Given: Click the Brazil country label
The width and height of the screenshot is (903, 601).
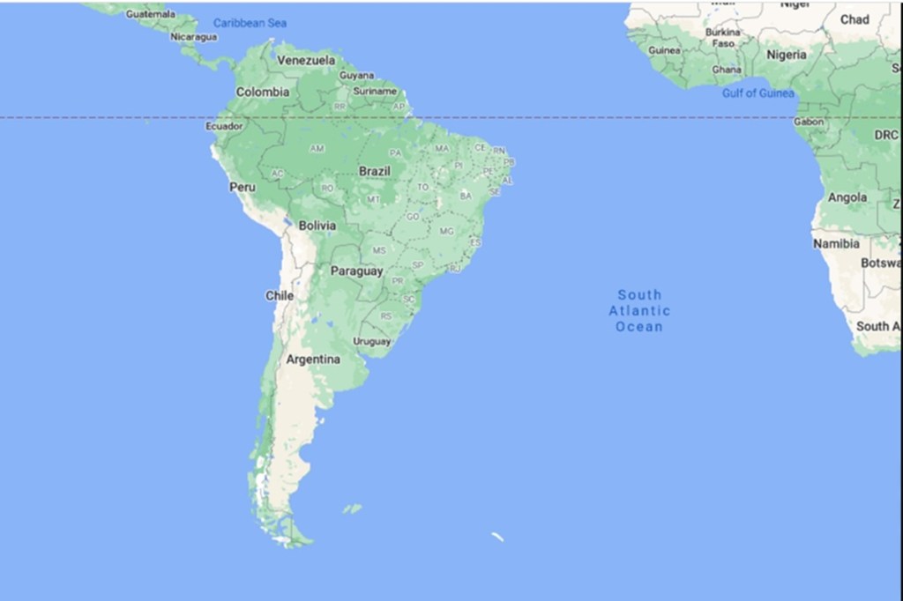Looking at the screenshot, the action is click(x=374, y=171).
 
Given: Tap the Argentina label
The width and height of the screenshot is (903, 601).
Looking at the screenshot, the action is click(x=313, y=360).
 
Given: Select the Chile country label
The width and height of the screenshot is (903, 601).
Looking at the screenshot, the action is click(x=280, y=296).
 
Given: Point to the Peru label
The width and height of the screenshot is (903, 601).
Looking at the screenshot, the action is click(x=243, y=187).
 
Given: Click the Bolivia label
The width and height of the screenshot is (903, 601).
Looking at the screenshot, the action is click(x=317, y=226).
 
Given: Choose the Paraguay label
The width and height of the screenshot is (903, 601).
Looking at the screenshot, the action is click(x=356, y=271).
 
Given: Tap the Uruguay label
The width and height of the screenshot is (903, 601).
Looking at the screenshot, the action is click(x=371, y=341).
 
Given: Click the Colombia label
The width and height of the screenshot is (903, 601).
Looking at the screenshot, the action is click(x=262, y=92).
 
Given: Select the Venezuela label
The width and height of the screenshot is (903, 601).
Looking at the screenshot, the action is click(x=306, y=60).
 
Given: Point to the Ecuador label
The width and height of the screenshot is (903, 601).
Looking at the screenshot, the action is click(x=224, y=126).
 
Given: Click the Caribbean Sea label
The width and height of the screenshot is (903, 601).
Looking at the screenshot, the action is click(x=250, y=23).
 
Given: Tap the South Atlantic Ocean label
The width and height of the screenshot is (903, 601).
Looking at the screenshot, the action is click(x=639, y=310).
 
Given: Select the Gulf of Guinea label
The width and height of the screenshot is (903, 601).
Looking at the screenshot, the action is click(x=758, y=93).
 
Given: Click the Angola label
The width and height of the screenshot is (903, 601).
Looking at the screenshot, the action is click(x=847, y=198).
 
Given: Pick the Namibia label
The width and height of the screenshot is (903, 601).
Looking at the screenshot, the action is click(x=836, y=243).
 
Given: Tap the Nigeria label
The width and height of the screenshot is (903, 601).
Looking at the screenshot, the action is click(x=787, y=55).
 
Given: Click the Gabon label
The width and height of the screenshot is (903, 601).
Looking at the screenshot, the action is click(x=809, y=122).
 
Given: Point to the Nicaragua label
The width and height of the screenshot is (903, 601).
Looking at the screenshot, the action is click(x=194, y=37).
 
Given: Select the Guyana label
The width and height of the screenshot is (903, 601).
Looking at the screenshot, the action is click(x=356, y=75).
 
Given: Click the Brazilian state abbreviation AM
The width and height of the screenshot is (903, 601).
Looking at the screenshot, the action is click(x=317, y=148).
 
